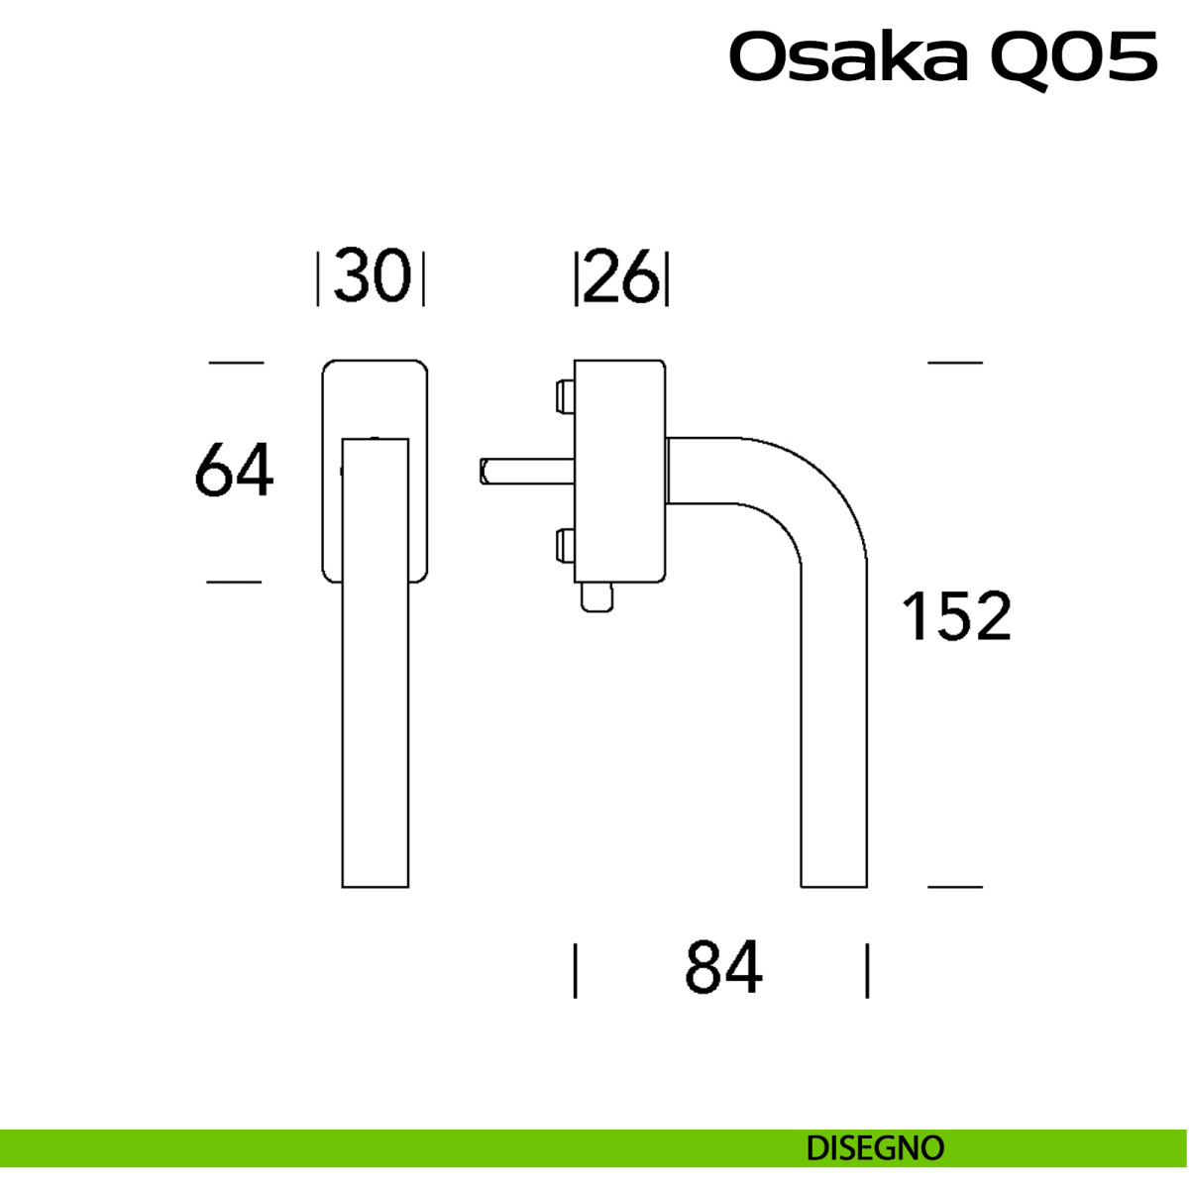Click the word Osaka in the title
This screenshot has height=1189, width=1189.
tap(848, 57)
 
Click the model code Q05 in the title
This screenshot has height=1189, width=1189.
tap(1073, 57)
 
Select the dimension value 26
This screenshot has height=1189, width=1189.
tap(621, 277)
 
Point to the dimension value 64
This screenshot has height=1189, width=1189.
tap(234, 471)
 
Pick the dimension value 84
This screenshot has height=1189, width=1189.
tap(723, 968)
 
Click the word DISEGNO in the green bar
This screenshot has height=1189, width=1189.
tap(875, 1148)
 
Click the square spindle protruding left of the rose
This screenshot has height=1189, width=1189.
tap(520, 471)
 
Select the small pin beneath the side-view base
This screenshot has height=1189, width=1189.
tap(597, 598)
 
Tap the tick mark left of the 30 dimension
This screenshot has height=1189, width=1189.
tap(318, 279)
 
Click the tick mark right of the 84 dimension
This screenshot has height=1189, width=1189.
tap(867, 970)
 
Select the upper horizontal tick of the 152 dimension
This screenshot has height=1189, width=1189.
tap(955, 363)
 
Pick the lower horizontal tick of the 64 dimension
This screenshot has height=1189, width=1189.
tap(234, 582)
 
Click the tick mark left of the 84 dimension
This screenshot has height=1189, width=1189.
tap(576, 970)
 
